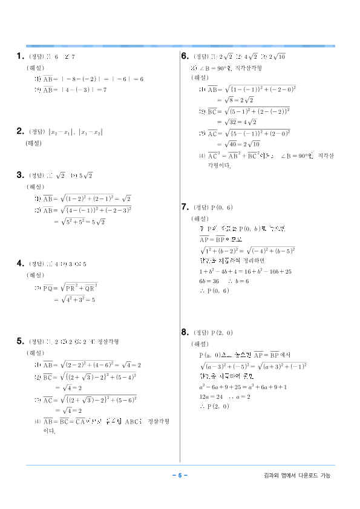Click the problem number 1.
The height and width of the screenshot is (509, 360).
coord(20,57)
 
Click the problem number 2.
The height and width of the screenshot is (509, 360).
coord(20,131)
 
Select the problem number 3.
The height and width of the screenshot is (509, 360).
coord(20,176)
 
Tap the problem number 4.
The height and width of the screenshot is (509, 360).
coord(20,263)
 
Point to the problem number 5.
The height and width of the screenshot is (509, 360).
coord(20,341)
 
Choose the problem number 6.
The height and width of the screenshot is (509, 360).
coord(185,56)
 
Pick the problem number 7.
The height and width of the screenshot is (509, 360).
coord(185,207)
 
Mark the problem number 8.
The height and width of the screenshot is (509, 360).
coord(185,332)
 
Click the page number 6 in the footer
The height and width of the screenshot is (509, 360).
coord(180,476)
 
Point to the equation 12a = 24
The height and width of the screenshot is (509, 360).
coord(209,396)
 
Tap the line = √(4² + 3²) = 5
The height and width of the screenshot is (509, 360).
coord(75,299)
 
